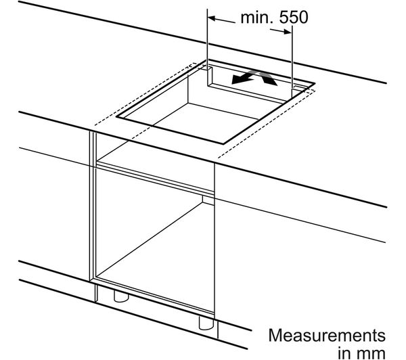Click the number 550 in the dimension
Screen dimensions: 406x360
click(294, 18)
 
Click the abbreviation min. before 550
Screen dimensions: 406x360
click(256, 18)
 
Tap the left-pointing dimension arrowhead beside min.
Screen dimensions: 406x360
click(212, 18)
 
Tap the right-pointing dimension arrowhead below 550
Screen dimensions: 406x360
click(288, 32)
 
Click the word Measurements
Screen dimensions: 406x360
click(327, 336)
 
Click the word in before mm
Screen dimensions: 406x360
click(345, 352)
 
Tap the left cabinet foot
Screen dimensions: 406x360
click(121, 296)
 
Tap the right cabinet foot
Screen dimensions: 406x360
click(206, 323)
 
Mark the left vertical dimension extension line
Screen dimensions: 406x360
click(208, 47)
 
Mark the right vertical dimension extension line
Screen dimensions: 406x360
click(292, 61)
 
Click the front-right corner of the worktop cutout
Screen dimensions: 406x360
click(223, 143)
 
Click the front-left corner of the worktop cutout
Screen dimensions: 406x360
click(116, 117)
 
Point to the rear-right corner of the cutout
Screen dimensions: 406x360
click(315, 83)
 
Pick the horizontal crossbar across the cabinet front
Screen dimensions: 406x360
click(155, 178)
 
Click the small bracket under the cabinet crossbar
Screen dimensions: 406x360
click(208, 200)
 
